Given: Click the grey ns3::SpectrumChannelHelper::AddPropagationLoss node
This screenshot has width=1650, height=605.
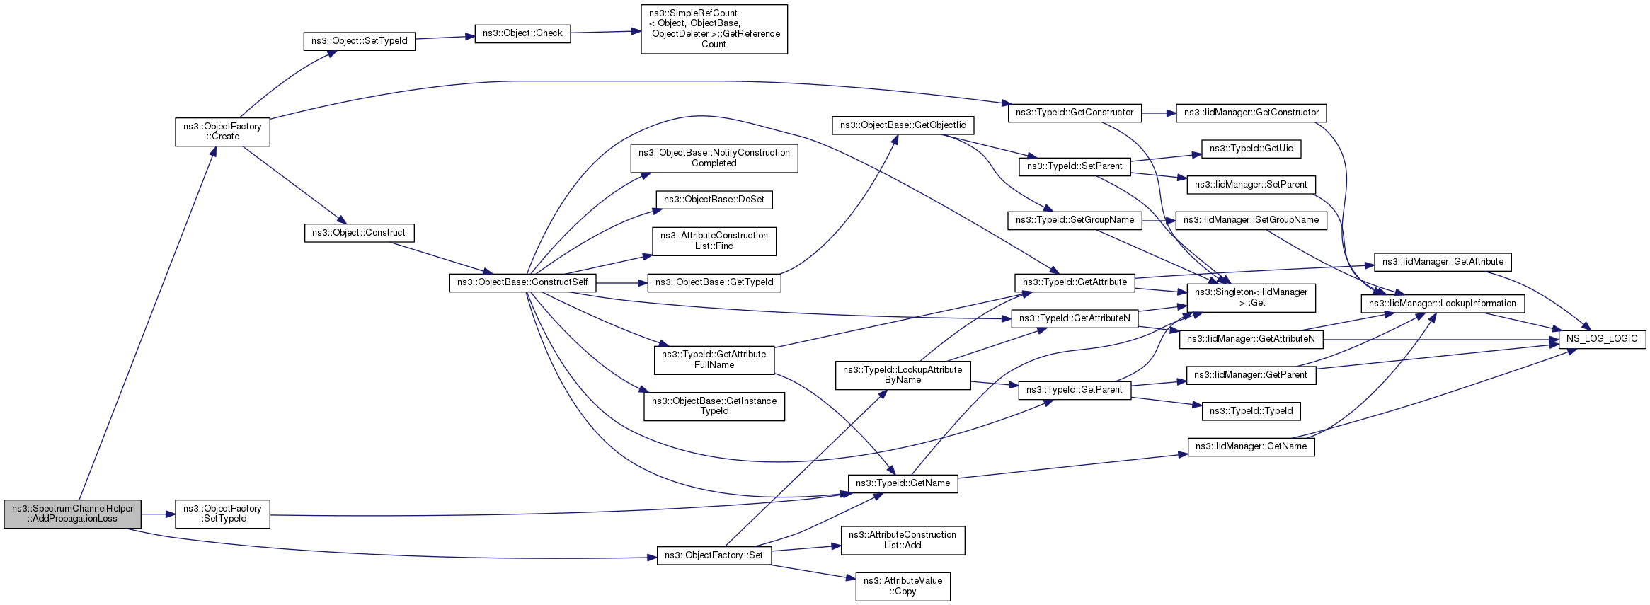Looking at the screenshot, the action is coord(72,514).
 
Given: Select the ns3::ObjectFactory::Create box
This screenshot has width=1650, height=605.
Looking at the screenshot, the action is coord(222,132).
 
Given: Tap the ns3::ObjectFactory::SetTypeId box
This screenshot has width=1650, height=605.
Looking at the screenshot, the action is coord(222,514).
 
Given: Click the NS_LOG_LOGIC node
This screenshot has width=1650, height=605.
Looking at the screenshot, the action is coord(1602,339).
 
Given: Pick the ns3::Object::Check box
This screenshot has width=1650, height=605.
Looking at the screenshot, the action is coord(522,33).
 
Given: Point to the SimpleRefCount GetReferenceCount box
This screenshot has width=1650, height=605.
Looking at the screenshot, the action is coord(714,29).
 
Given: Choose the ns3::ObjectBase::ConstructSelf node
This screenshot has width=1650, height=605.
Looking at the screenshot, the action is coord(522,282).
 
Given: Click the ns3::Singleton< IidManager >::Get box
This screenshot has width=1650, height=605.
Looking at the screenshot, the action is coord(1251,298).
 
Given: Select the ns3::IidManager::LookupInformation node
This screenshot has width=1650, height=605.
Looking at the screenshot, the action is coord(1443,304).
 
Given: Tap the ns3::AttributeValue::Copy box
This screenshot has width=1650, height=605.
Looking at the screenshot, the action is coord(903,587).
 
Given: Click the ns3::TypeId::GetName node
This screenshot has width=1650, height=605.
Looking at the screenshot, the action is coord(903,483).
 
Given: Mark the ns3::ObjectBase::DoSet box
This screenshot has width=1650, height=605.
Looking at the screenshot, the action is coord(714,200).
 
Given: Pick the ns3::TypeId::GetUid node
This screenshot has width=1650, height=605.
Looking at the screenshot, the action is coord(1251,149).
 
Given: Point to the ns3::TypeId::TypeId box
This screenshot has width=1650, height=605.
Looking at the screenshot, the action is coord(1251,411).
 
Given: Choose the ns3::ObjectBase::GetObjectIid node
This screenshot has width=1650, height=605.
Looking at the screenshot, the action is coord(903,125).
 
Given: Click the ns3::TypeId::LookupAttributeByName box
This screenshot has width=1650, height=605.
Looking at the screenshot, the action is coord(903,375).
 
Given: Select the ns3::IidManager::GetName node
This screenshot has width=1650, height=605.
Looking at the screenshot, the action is coord(1251,446).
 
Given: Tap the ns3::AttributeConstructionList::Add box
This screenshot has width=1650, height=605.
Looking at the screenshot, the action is coord(903,540).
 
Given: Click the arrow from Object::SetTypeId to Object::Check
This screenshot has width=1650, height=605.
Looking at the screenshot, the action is coord(445,36).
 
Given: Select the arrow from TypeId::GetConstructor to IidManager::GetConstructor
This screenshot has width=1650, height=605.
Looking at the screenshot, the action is coord(1159,113).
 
